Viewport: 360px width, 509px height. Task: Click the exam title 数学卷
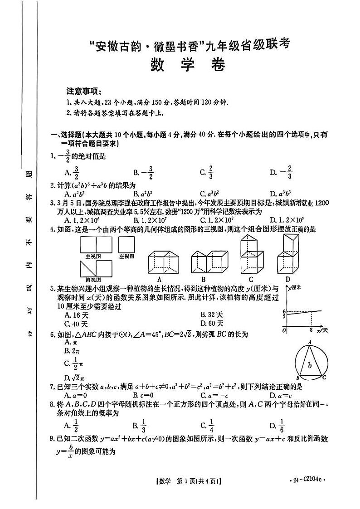coord(187,66)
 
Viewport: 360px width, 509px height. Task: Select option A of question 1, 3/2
coord(73,172)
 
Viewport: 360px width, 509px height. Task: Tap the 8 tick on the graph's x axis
coord(311,330)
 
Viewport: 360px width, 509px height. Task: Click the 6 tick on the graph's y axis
coord(284,311)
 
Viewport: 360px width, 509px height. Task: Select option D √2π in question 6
coord(74,377)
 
